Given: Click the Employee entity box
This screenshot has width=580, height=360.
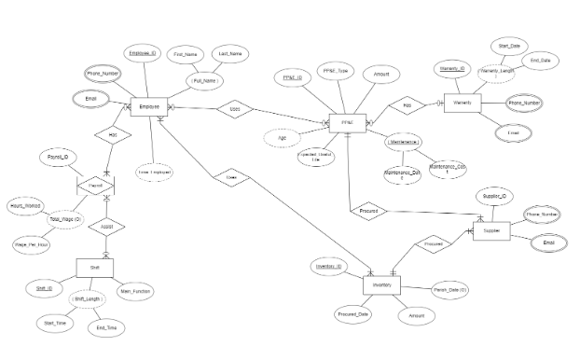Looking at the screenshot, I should [149, 108].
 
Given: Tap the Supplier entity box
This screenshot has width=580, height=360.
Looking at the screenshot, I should [490, 232].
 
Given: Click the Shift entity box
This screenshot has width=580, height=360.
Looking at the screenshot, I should [94, 268].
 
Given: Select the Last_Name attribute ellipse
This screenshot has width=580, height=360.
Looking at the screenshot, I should [228, 54].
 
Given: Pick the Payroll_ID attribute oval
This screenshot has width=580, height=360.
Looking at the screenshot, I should [58, 159].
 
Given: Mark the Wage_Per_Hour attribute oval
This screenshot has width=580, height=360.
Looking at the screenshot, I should [32, 243].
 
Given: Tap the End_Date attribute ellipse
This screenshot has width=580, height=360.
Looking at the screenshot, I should [540, 61].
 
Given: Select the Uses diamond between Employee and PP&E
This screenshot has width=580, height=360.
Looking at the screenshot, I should [235, 108].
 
